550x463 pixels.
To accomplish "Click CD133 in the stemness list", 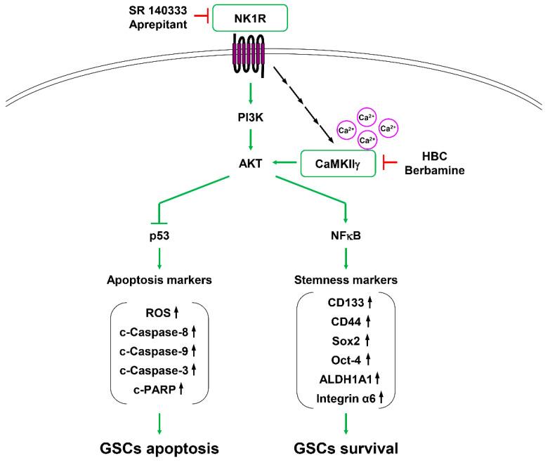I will point(339,304).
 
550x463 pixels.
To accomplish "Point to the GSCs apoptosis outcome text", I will point(160,447).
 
